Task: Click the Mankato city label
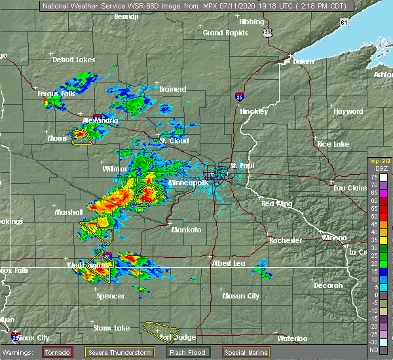pyautogui.click(x=187, y=230)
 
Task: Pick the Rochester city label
pyautogui.click(x=286, y=240)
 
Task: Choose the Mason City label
pyautogui.click(x=240, y=296)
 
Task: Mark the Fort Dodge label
pyautogui.click(x=174, y=338)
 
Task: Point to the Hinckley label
pyautogui.click(x=254, y=111)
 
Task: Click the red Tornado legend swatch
pyautogui.click(x=58, y=352)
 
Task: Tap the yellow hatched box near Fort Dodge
pyautogui.click(x=161, y=327)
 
